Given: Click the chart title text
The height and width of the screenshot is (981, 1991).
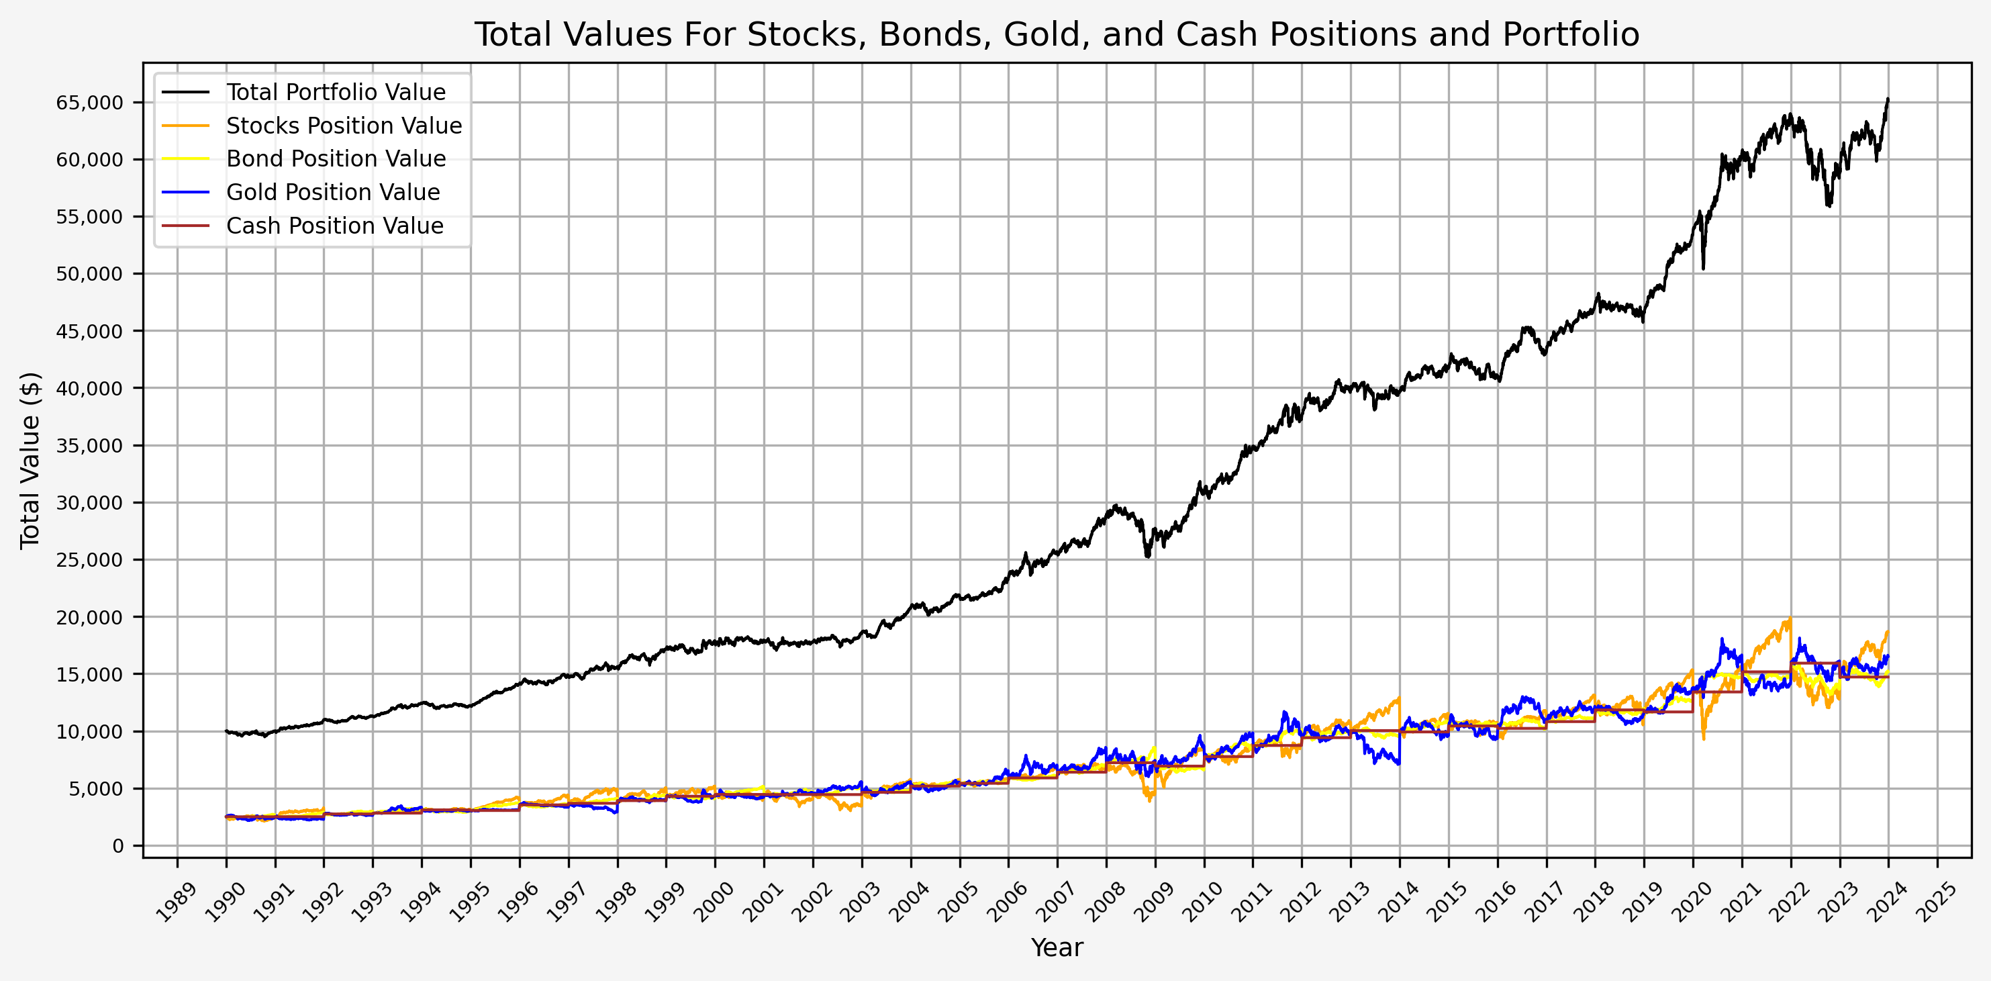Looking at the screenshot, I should (1057, 35).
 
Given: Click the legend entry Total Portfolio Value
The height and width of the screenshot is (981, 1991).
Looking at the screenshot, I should (336, 92).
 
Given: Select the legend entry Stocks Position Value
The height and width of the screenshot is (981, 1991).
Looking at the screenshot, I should (343, 126).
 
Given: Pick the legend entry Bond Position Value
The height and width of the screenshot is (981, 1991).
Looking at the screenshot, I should (336, 158).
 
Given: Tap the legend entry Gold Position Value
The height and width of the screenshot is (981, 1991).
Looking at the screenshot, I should (332, 192).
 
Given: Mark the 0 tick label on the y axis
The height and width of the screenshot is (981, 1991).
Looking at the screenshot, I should (117, 847).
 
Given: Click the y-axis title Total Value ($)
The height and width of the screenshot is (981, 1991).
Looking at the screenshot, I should (30, 460).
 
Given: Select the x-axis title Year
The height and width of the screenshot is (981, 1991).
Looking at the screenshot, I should (1057, 947).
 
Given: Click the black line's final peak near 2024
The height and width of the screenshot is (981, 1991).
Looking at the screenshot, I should (1888, 99).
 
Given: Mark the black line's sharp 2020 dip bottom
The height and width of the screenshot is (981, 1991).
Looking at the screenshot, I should (1704, 269).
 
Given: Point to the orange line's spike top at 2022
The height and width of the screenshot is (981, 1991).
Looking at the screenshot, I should (1790, 618).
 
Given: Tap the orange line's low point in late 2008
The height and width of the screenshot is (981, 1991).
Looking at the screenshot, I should (1150, 801).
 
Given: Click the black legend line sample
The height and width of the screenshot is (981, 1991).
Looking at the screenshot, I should (185, 92).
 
